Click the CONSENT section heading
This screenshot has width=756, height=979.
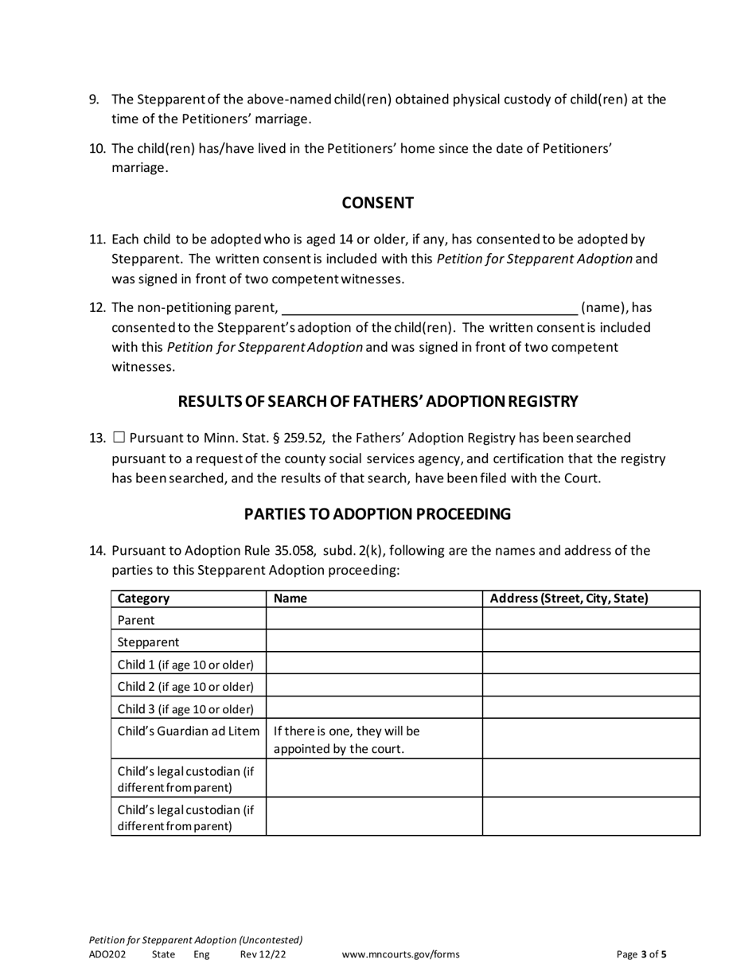point(377,203)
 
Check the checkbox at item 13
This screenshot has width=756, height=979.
point(119,438)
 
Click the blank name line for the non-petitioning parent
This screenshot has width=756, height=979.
point(430,307)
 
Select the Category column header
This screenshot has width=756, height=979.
point(143,599)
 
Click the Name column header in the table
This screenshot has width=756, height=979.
point(290,599)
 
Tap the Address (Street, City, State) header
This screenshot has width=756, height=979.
point(569,599)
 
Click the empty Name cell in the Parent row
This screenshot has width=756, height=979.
point(374,619)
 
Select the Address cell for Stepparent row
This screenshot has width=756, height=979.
point(590,642)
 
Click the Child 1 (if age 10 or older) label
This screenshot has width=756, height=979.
point(185,664)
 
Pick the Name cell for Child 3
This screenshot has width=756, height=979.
point(374,708)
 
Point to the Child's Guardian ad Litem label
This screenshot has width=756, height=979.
point(188,731)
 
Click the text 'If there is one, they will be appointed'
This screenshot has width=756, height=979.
point(346,739)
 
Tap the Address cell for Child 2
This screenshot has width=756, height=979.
point(590,686)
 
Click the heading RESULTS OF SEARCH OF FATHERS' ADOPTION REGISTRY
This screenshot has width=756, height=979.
point(377,401)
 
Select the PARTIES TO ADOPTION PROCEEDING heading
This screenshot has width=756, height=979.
point(377,514)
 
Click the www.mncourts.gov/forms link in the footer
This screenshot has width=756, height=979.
point(400,954)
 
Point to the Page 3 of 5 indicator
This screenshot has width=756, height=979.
point(641,954)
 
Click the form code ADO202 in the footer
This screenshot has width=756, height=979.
point(107,954)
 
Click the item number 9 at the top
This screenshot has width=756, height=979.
point(94,99)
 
